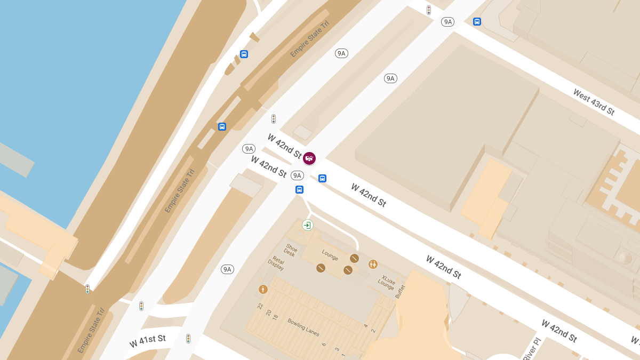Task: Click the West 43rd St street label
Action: point(594,102)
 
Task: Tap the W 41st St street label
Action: point(148,341)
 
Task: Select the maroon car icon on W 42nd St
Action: point(309,158)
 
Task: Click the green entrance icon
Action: point(307,225)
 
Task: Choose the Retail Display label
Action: point(277,263)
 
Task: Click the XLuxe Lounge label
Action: point(387,282)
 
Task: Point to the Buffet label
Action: point(401,291)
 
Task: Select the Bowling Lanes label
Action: point(303,327)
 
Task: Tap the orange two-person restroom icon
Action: point(373,264)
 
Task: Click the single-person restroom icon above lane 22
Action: point(263,289)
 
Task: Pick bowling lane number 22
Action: point(260,306)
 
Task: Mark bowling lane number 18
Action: point(275,317)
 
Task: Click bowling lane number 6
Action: point(324,345)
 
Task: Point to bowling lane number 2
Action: point(373,331)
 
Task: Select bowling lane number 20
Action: point(268,312)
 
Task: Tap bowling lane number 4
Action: point(366,325)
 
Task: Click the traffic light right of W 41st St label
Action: point(188,338)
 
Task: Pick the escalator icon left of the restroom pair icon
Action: point(355,258)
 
